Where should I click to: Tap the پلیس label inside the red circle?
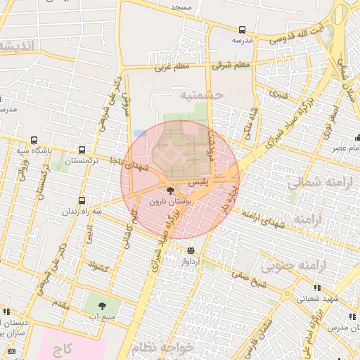click(201, 182)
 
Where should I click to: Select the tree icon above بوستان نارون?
click(170, 190)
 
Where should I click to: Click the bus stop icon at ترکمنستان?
click(82, 150)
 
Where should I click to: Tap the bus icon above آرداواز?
click(191, 250)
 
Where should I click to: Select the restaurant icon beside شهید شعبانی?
click(317, 288)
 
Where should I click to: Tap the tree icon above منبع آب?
click(103, 306)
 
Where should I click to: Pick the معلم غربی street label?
click(168, 68)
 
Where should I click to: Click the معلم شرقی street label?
click(231, 65)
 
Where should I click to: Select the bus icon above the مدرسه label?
click(242, 30)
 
